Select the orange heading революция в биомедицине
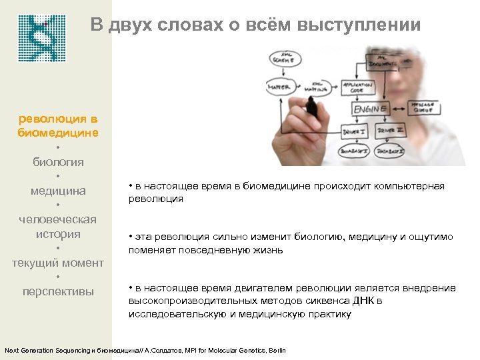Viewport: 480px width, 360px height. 58,125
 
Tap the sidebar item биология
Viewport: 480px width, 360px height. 58,161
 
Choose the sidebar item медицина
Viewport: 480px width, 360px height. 58,191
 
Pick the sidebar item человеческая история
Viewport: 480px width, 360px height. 58,227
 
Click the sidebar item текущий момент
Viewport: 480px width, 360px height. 58,263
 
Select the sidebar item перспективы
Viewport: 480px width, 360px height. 58,291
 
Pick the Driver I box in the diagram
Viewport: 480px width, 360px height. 354,132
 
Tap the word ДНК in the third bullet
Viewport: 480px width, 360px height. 365,301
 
